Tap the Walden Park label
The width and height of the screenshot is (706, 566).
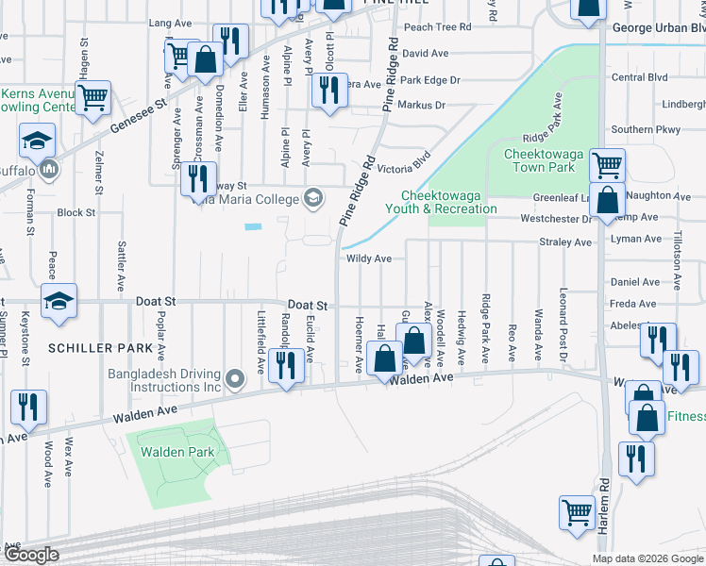pos(178,452)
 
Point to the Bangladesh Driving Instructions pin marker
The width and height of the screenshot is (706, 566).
pos(236,381)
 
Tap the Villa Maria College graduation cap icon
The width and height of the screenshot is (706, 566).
pos(311,197)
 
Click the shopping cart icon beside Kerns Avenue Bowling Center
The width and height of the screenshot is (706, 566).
pos(93,96)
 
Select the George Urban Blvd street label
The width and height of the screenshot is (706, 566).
pos(658,28)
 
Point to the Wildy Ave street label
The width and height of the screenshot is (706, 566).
pos(369,258)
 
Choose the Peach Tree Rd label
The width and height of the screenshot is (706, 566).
pos(437,27)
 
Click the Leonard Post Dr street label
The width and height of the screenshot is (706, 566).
pos(563,326)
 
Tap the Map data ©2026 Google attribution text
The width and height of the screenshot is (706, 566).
pos(647,558)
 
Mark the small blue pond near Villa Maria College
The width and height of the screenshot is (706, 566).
pos(252,226)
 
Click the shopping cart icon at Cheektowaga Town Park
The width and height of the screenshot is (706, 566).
pos(608,165)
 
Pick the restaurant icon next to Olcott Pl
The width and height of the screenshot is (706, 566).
pos(328,91)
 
